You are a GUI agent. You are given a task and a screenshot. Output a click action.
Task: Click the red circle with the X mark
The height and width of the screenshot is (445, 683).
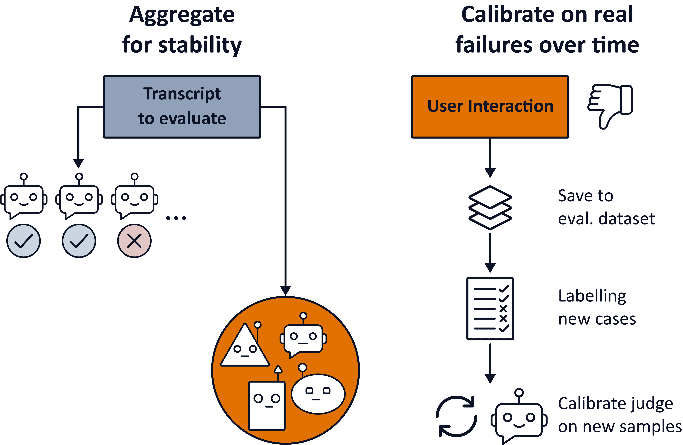pyautogui.click(x=134, y=241)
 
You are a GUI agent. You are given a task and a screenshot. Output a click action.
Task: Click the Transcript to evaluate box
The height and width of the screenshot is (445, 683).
pyautogui.click(x=182, y=107)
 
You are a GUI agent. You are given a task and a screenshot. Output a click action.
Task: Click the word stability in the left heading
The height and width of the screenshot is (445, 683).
pyautogui.click(x=200, y=45)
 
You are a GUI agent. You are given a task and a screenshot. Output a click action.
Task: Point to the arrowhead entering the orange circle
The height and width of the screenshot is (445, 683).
pyautogui.click(x=286, y=290)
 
